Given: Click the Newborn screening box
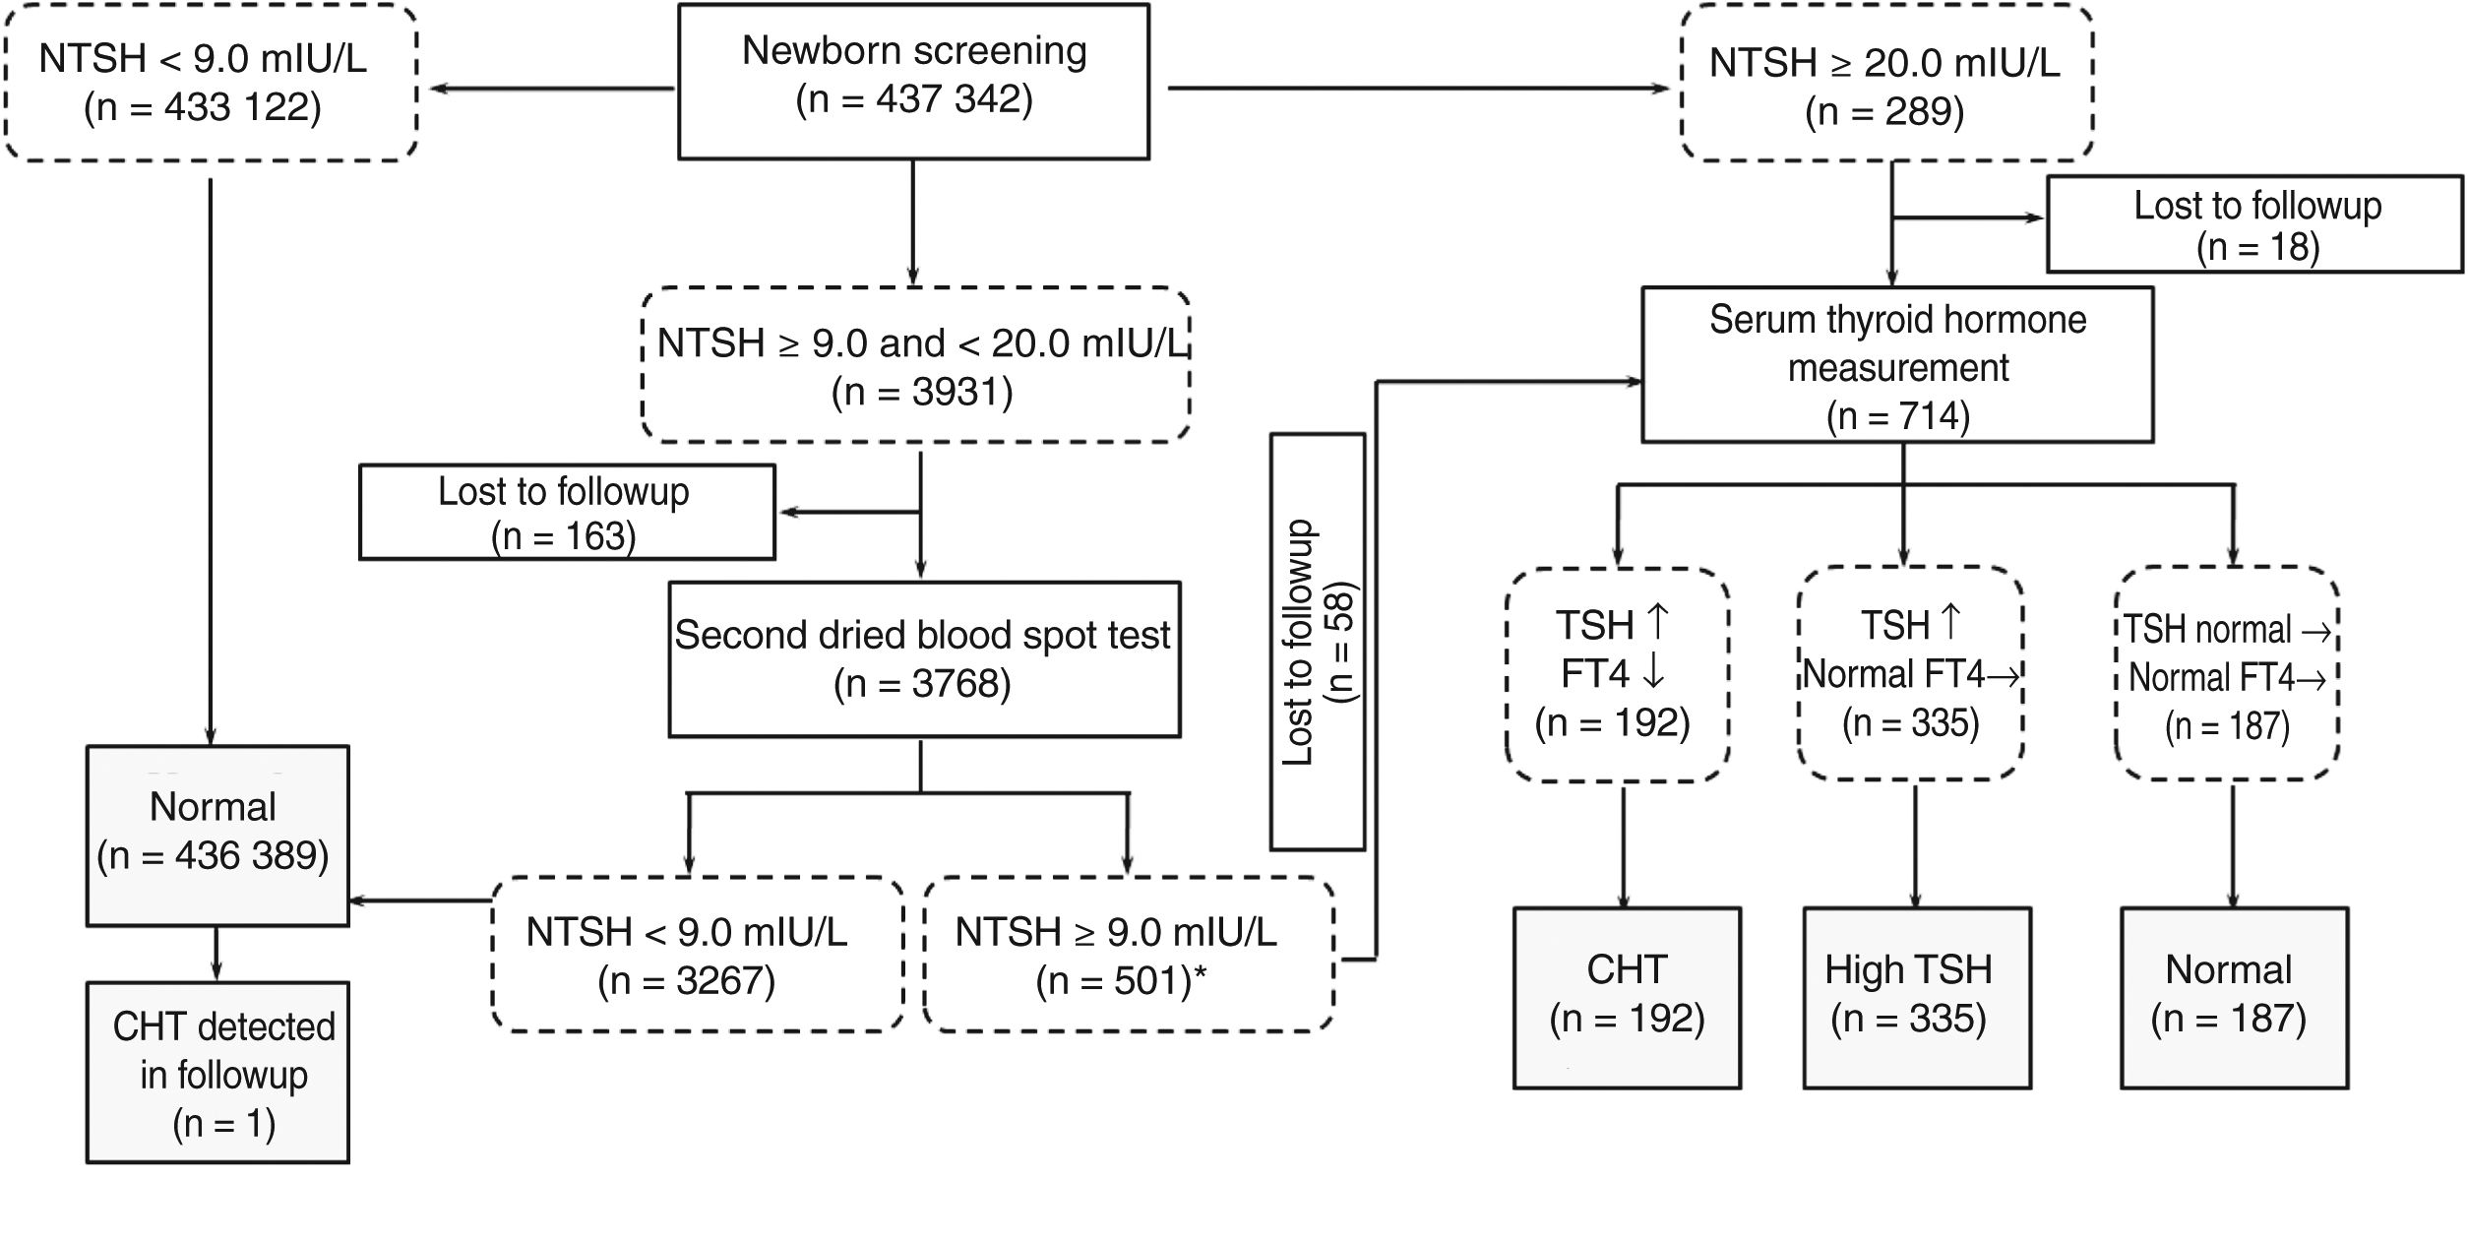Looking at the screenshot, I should point(913,81).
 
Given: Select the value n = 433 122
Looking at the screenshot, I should point(203,107).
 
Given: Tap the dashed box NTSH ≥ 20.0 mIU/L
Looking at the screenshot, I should point(1885,83).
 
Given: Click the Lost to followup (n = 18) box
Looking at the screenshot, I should point(2255,224).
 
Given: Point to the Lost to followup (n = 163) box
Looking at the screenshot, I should point(566,512).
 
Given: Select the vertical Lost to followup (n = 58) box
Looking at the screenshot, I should point(1317,642).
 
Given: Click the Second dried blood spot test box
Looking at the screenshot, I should point(923,659).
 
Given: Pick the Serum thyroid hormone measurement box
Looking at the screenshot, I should point(1896,364).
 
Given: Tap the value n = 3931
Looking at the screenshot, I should point(922,392).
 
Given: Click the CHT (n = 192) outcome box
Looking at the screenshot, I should point(1626,997).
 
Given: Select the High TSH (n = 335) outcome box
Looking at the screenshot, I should point(1915,997).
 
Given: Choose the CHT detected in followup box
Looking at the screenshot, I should point(217,1072).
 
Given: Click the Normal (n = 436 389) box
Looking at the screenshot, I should point(216,835).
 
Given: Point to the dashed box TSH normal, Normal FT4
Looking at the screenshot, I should point(2226,674).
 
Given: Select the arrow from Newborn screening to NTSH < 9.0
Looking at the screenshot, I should point(551,89).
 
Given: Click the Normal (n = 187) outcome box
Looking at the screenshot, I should point(2232,997).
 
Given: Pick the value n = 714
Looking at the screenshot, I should point(1897,416).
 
